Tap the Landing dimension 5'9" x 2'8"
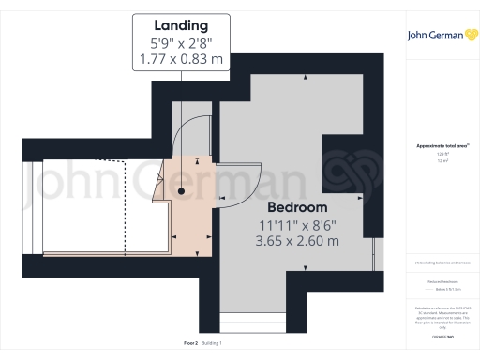tap(180, 43)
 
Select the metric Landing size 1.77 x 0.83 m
tap(180, 60)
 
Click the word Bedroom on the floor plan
tap(297, 206)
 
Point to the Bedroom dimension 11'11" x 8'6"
tap(297, 224)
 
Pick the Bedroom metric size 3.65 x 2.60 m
tap(297, 241)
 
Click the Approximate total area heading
tap(442, 145)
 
